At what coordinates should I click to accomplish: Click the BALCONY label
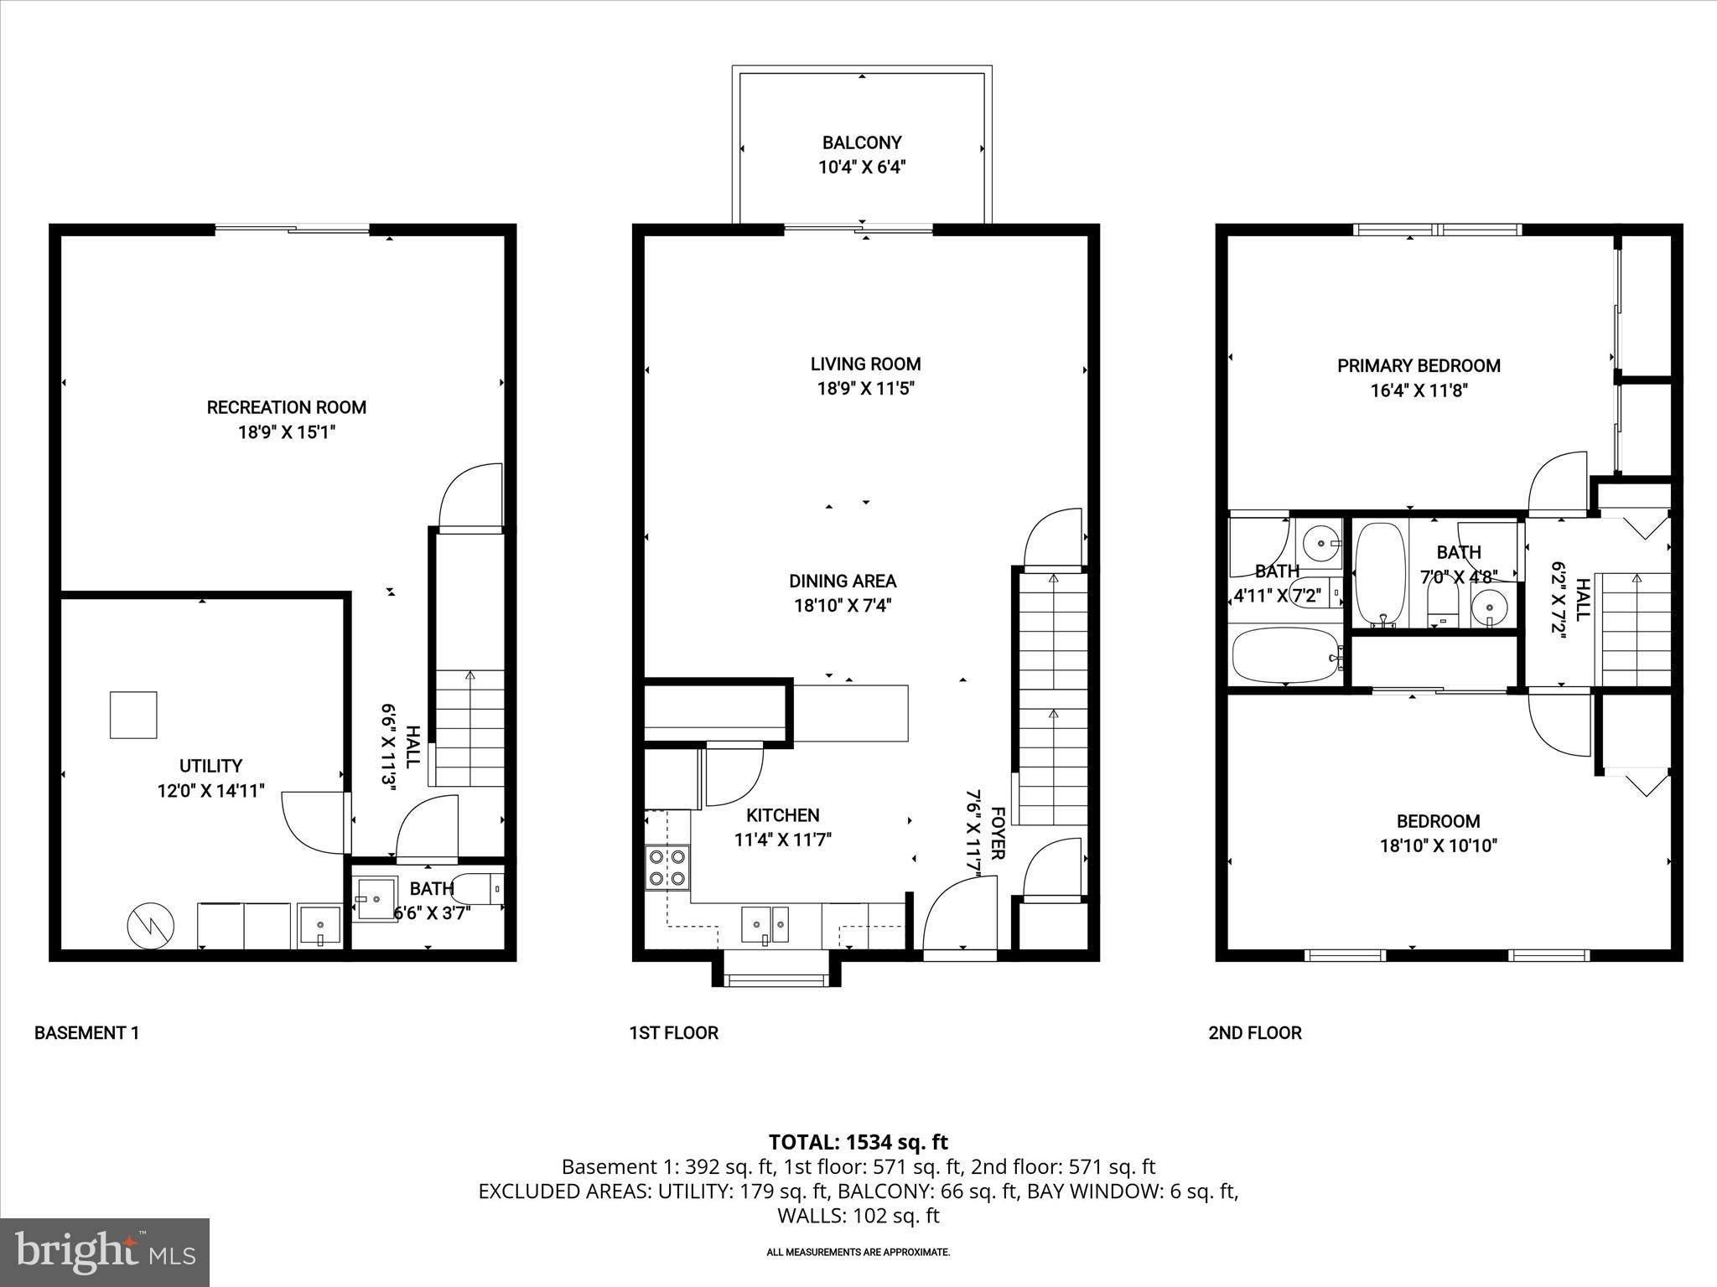[x=861, y=142]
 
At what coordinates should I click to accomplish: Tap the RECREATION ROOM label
[x=287, y=408]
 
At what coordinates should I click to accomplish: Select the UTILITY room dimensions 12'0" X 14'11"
[x=211, y=790]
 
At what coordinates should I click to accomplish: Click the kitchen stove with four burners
[x=667, y=868]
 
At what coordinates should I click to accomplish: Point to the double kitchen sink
[x=765, y=923]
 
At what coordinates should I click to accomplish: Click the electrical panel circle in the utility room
[x=150, y=926]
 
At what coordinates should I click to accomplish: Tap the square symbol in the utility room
[x=133, y=715]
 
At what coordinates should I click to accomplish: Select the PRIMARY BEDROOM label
[x=1419, y=366]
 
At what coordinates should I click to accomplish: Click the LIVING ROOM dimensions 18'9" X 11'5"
[x=865, y=389]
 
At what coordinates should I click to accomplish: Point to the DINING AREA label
[x=843, y=581]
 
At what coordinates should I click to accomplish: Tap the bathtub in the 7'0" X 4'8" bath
[x=1380, y=574]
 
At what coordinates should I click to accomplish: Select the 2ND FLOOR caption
[x=1254, y=1033]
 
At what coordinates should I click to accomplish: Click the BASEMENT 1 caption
[x=86, y=1033]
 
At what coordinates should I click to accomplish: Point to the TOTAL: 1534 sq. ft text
[x=858, y=1142]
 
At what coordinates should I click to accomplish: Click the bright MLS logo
[x=105, y=1252]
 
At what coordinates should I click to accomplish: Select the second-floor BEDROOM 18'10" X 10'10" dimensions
[x=1438, y=846]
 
